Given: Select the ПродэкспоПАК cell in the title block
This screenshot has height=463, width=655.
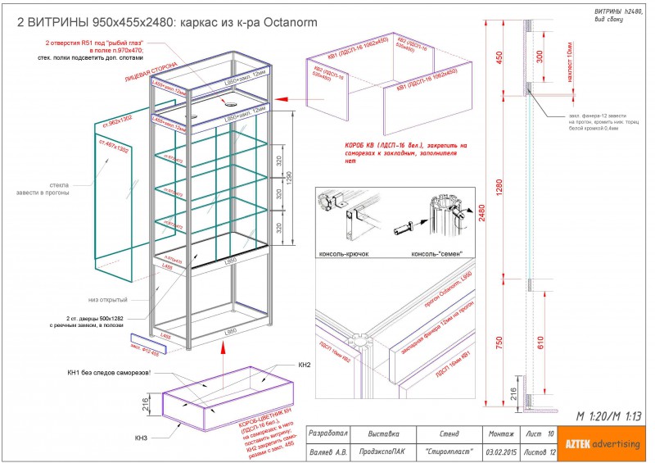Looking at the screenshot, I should [x=383, y=452].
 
